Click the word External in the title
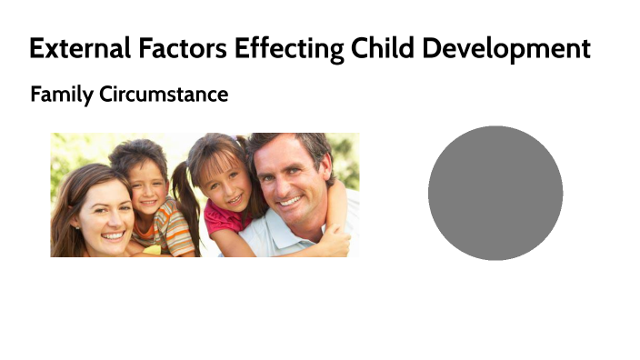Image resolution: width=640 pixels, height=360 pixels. point(78,48)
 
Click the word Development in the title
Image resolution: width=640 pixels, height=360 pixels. point(508,48)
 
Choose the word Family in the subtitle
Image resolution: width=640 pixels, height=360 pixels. point(61,94)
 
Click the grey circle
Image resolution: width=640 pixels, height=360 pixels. point(495,193)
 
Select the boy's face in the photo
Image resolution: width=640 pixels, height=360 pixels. point(146,182)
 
